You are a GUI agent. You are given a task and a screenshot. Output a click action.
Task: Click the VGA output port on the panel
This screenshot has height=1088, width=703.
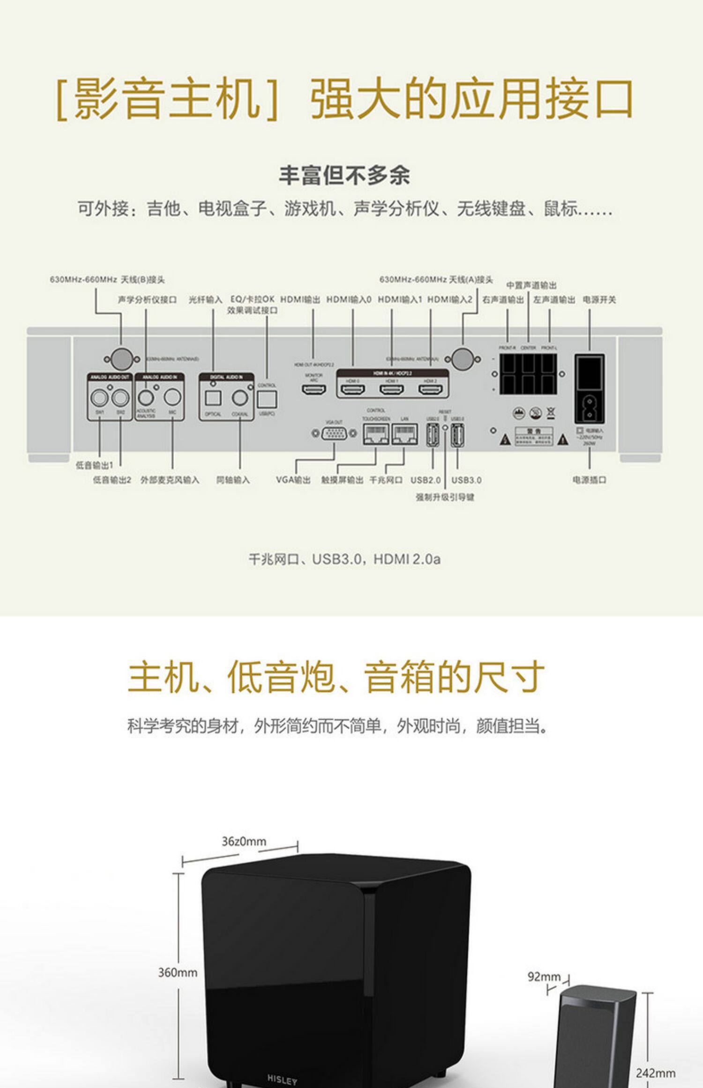[334, 433]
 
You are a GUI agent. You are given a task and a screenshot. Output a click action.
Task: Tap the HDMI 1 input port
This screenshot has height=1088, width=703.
[392, 389]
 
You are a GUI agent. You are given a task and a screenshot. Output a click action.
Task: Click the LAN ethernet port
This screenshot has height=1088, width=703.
[404, 434]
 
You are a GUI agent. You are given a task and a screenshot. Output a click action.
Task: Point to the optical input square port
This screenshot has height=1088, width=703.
[213, 398]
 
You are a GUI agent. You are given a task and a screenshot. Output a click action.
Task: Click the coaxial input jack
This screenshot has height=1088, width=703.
[240, 398]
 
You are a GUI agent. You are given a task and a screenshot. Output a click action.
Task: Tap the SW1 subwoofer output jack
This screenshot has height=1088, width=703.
[100, 398]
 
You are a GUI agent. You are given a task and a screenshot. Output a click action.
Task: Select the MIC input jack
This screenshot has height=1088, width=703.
[172, 397]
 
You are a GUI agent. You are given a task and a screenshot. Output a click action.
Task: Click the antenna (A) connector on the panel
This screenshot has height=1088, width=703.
[463, 359]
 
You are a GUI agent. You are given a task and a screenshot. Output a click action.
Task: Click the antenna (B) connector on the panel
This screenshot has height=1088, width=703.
[121, 359]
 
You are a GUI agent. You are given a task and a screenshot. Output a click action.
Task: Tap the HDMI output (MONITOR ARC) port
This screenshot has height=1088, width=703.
[313, 389]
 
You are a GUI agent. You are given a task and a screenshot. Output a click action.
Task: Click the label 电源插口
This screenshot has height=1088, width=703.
[589, 480]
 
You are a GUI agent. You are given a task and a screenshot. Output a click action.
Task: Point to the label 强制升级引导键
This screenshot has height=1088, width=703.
[445, 497]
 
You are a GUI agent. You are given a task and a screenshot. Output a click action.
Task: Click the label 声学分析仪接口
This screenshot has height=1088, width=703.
[147, 300]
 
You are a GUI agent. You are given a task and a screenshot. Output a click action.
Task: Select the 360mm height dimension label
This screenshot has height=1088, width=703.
[177, 973]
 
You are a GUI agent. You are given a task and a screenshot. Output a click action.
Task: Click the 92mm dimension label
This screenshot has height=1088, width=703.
[544, 976]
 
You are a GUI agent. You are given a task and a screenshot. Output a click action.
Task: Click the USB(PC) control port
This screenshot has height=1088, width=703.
[267, 400]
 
